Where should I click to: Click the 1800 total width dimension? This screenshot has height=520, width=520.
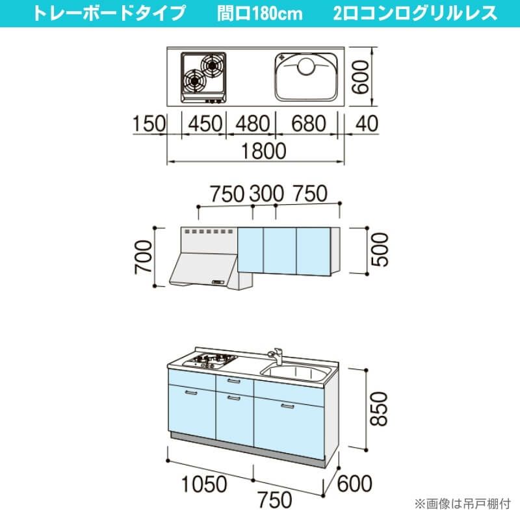pos(264,151)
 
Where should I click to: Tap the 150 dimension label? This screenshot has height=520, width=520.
pos(149,123)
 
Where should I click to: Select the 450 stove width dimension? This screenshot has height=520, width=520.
pos(205,123)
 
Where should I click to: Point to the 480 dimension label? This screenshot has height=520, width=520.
pos(253,123)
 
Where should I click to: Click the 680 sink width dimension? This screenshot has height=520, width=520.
pos(309,123)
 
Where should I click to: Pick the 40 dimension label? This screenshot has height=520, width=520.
pos(367,123)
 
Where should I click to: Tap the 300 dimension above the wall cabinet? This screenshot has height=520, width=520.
pos(266,193)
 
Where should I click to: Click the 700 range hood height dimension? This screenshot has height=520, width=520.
pos(144,257)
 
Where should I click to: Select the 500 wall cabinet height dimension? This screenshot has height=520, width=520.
pos(380,250)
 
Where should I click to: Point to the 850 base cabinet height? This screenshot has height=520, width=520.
pos(379,409)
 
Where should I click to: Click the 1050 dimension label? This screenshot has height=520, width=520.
pos(204,484)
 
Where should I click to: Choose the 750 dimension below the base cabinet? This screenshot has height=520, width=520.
pos(275,500)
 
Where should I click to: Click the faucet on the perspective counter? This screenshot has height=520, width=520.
pos(276,356)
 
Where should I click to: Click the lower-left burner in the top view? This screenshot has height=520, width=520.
pos(194,81)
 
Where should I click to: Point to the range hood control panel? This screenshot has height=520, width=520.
pos(218,282)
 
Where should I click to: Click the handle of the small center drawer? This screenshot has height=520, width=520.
pos(234,382)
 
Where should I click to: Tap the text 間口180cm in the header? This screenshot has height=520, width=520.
pos(260,14)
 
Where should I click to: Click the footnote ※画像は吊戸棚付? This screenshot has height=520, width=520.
pos(463,504)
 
